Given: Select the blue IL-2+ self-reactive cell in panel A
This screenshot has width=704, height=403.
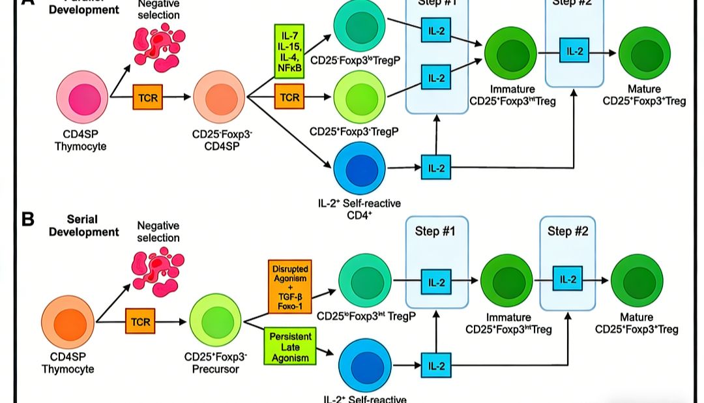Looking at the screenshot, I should click(360, 168).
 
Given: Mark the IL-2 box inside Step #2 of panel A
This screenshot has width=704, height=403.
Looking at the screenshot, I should click(574, 52).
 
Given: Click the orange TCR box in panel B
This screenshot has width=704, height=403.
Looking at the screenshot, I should click(141, 321).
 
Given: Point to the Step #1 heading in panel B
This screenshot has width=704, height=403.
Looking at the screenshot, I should click(435, 231).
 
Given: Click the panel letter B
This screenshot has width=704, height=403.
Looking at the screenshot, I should click(28, 218).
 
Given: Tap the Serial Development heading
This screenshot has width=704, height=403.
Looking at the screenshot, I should click(83, 226).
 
